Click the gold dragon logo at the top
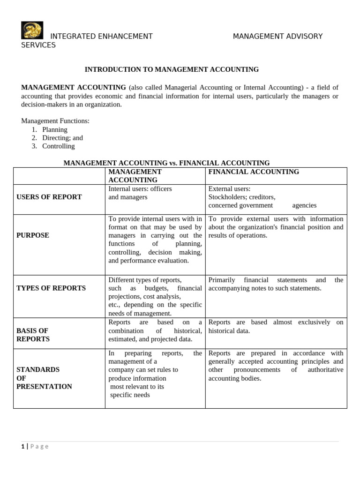coord(32,30)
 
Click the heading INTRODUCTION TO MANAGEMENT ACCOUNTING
coord(172,69)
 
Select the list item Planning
coord(55,129)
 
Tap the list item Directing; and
coord(62,138)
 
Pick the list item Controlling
coord(58,146)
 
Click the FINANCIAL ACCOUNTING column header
coord(254,172)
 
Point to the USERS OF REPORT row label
coord(49,197)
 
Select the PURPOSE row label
coord(33,235)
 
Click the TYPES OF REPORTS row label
coord(51,288)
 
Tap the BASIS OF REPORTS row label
coord(33,335)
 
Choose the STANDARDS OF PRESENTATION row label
coord(44,378)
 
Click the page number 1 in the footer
coord(22,446)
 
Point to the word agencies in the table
coord(304,205)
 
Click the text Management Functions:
coord(55,121)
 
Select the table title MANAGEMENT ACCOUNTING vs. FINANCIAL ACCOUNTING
coord(166,163)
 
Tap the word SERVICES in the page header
coord(38,45)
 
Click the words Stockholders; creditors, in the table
coord(242,197)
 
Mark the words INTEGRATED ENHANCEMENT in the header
coord(101,37)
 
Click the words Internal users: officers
coord(140,189)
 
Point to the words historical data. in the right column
coord(229,331)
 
